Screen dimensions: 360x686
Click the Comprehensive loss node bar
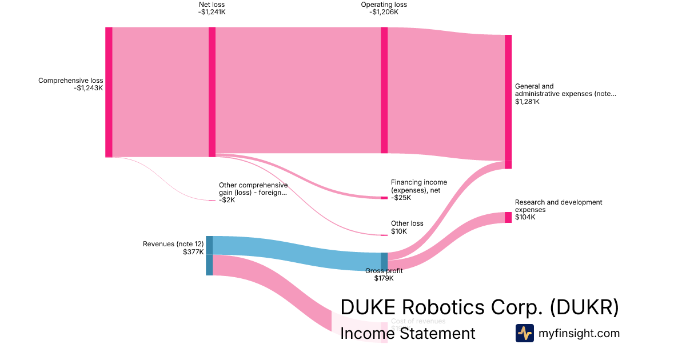[109, 91]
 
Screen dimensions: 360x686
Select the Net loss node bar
[212, 91]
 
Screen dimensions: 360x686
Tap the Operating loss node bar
[384, 90]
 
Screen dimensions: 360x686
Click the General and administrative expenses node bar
[508, 101]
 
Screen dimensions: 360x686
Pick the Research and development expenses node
[508, 217]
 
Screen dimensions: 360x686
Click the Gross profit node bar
[384, 261]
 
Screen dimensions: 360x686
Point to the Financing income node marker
[384, 198]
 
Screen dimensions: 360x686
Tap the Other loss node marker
[384, 235]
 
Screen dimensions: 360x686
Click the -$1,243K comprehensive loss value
[88, 88]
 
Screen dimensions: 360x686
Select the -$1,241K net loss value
[212, 12]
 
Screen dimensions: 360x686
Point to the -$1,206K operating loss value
[384, 12]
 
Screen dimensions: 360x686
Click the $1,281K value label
[527, 102]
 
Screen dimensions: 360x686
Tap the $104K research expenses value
[525, 217]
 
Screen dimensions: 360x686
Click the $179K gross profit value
[384, 278]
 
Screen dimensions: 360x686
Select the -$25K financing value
[401, 198]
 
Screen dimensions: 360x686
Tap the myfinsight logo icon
[524, 333]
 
